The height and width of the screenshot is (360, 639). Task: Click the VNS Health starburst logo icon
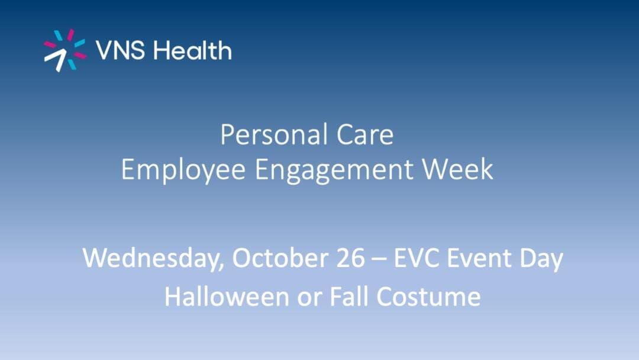point(65,50)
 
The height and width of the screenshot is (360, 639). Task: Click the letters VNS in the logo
point(120,50)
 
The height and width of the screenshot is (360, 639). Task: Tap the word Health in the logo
point(192,50)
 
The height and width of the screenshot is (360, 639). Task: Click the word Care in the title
point(364,134)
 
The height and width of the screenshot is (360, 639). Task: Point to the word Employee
point(183,170)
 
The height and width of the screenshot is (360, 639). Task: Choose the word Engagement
point(334,170)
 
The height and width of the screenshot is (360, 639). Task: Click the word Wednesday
point(153,259)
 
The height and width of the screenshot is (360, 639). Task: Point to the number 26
point(351,258)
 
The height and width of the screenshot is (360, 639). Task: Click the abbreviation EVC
point(416,258)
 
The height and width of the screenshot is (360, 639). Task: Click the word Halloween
point(227,296)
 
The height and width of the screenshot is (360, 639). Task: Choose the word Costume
point(428,297)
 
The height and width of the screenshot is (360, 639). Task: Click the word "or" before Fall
point(309,299)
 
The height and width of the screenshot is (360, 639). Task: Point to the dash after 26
point(379,260)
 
